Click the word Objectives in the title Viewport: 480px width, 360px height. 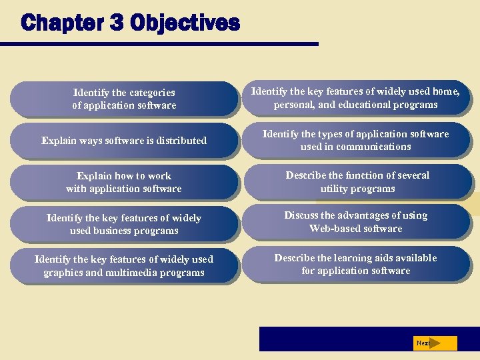185,23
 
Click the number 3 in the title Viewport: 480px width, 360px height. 117,23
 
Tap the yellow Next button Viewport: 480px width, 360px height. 435,343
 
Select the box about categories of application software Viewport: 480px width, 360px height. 124,99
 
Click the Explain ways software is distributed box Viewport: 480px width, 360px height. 124,141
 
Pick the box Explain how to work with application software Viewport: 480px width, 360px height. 124,183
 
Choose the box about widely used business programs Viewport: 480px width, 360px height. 124,225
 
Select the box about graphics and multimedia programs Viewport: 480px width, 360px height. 124,266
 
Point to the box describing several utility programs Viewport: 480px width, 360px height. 357,182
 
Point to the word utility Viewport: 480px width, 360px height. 335,189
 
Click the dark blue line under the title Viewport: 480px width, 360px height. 160,45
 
